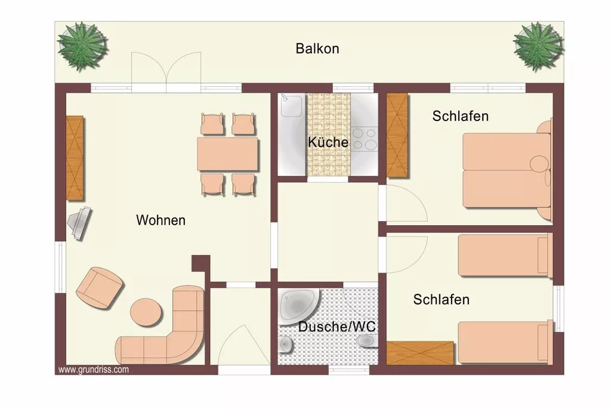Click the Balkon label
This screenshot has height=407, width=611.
(317, 49)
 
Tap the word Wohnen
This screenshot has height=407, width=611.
(161, 220)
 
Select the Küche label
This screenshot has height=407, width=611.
(328, 142)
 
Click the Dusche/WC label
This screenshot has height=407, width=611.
(337, 327)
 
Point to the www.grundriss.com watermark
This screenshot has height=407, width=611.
(94, 369)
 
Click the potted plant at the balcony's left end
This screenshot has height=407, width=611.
(82, 46)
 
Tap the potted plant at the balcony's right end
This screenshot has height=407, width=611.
(538, 46)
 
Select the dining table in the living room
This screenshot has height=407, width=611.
(227, 154)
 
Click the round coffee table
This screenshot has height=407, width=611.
(146, 312)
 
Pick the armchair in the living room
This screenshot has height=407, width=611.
(100, 288)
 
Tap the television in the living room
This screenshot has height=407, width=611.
(79, 223)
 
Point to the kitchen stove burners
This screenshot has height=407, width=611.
(365, 139)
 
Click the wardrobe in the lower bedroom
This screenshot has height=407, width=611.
(420, 353)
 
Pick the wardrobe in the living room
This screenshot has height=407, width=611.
(75, 158)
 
